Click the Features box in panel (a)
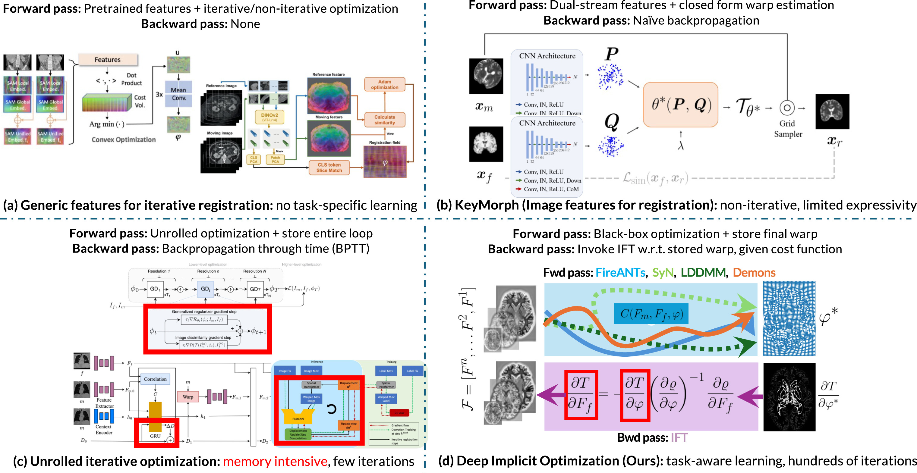pos(108,60)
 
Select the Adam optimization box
pos(384,84)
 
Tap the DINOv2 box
pos(269,117)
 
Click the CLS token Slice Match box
pos(329,168)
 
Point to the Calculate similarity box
pos(384,120)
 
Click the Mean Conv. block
pos(178,94)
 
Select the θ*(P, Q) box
pos(680,105)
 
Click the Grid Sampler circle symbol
pos(787,108)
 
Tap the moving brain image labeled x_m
pos(486,76)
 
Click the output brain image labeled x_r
pos(832,111)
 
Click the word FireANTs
pos(620,273)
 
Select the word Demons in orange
pos(754,273)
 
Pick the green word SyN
pos(663,273)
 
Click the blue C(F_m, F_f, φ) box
pos(651,314)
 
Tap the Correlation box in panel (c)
pos(155,379)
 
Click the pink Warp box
pos(188,397)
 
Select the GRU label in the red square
pos(155,436)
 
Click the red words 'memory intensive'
pos(275,462)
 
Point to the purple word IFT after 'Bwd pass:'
pos(679,437)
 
